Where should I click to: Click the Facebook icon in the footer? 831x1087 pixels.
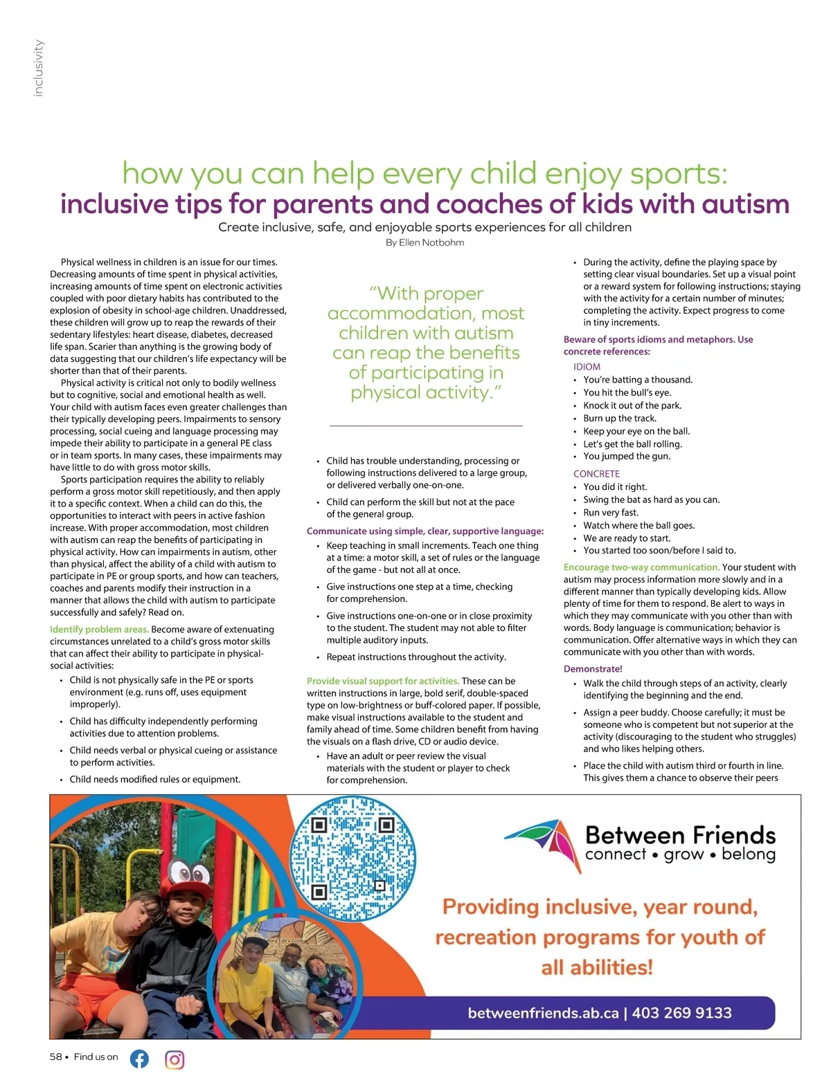(x=139, y=1059)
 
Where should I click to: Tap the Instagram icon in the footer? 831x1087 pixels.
(x=175, y=1059)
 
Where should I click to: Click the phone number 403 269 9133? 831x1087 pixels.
(x=681, y=1013)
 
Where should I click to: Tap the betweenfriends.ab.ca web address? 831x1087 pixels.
(x=543, y=1013)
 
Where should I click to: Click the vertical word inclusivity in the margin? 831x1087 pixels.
(x=39, y=68)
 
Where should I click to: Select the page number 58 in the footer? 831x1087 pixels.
(x=56, y=1057)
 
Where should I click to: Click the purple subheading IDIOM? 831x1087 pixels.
(x=587, y=367)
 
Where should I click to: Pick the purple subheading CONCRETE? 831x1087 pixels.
(x=596, y=474)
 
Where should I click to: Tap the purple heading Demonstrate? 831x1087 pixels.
(x=593, y=669)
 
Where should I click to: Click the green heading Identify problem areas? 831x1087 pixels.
(x=99, y=630)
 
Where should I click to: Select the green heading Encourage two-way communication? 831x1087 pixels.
(x=641, y=567)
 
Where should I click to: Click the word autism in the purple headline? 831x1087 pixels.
(x=745, y=204)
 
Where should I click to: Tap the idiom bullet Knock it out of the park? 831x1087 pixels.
(x=632, y=405)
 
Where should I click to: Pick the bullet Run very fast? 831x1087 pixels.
(x=610, y=513)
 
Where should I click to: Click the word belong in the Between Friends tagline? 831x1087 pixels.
(x=748, y=854)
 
